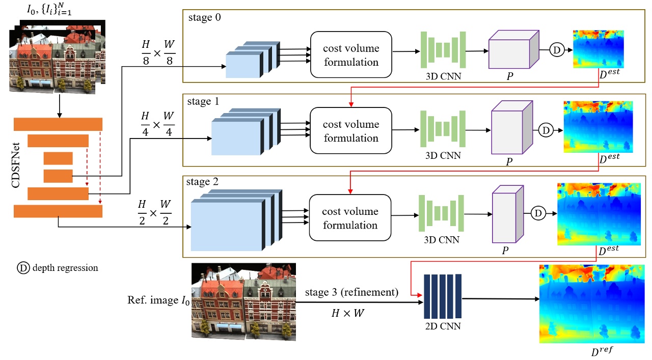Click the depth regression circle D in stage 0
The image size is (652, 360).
coord(556,50)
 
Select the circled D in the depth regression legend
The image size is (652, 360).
coord(23,268)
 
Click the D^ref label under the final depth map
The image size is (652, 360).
coord(591,351)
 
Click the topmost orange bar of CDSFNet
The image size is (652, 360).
coord(58,124)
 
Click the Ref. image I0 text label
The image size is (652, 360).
coord(157,300)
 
